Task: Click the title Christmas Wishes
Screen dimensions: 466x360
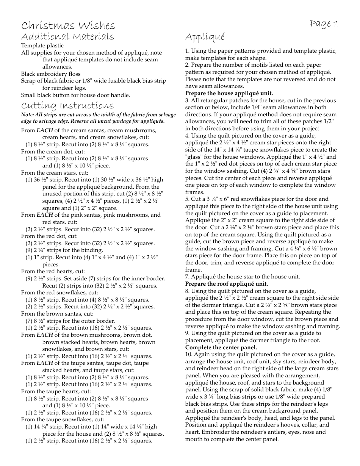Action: pyautogui.click(x=68, y=26)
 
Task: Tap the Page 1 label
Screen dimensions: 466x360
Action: pyautogui.click(x=324, y=24)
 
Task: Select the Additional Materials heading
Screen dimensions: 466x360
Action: pyautogui.click(x=67, y=37)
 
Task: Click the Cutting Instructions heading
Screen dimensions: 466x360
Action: pyautogui.click(x=67, y=106)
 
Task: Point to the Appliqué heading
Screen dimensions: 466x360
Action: pyautogui.click(x=205, y=37)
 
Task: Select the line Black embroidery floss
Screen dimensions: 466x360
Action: pyautogui.click(x=51, y=74)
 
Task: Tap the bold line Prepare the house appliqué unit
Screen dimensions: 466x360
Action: pyautogui.click(x=229, y=93)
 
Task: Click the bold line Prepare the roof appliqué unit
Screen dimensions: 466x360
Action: pyautogui.click(x=227, y=284)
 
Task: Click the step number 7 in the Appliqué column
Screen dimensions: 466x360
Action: pyautogui.click(x=187, y=277)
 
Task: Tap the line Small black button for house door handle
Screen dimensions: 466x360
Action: pyautogui.click(x=75, y=95)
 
